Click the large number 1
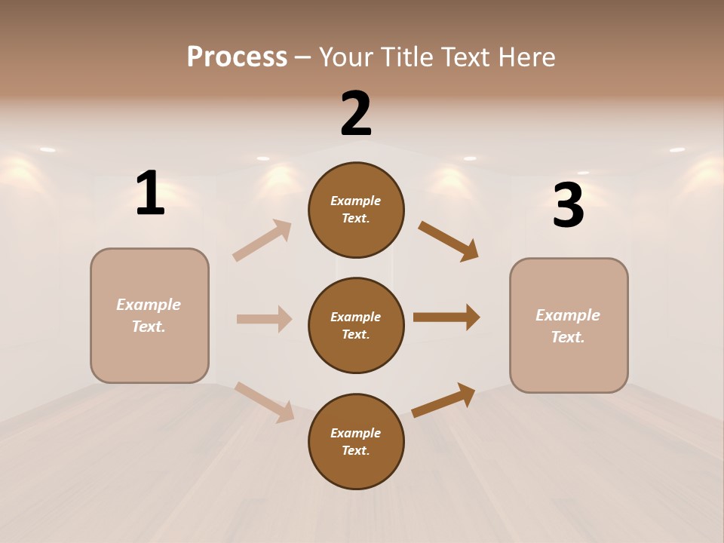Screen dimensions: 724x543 point(150,194)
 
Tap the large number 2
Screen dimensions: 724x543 point(356,114)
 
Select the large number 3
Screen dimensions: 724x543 point(568,206)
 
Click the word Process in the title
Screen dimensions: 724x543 point(237,57)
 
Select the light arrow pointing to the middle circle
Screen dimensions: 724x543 point(264,319)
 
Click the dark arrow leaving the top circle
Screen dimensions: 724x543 point(449,241)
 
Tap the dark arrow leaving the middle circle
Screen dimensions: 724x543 point(446,318)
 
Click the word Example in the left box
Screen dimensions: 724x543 point(149,305)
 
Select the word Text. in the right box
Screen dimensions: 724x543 point(568,337)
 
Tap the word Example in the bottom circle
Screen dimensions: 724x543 point(356,433)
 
